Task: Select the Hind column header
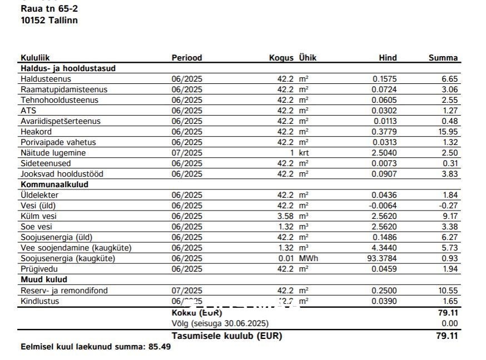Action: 388,58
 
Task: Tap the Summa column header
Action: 443,58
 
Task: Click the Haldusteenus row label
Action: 46,79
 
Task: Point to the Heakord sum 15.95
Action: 448,132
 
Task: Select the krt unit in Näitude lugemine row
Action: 303,153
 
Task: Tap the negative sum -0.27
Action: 449,206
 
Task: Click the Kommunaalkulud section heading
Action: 54,184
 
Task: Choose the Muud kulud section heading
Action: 44,279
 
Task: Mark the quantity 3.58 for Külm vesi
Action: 284,216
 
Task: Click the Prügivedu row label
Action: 39,269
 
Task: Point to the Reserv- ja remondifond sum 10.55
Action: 448,291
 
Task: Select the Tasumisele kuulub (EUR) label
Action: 227,336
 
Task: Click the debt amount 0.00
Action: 450,323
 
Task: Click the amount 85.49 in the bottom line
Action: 160,347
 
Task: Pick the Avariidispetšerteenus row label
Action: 61,121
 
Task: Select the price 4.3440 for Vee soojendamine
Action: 384,248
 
